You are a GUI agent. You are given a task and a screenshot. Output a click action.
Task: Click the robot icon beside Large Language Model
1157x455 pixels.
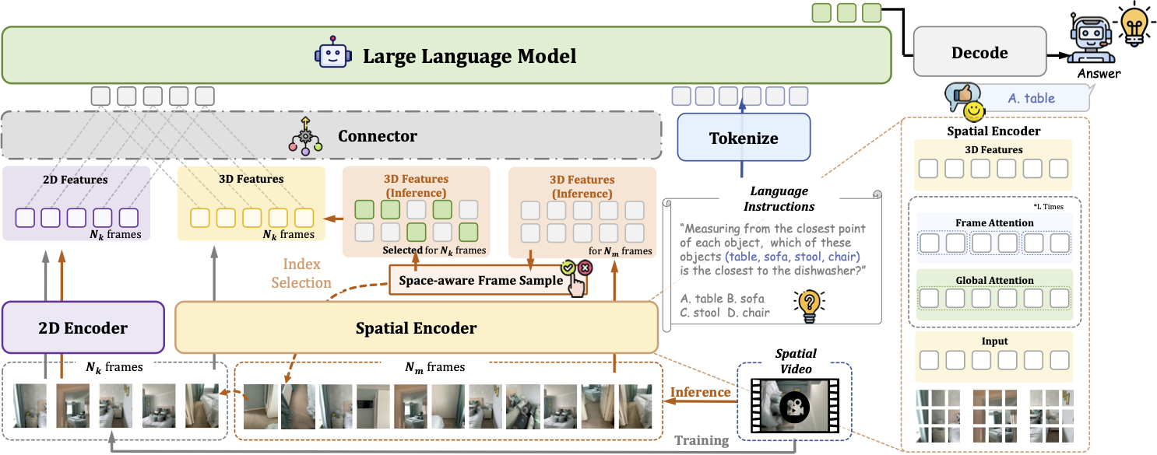[x=330, y=55]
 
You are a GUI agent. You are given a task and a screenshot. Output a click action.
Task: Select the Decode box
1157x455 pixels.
[x=979, y=54]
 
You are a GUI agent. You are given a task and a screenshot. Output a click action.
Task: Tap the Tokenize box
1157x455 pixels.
[x=744, y=138]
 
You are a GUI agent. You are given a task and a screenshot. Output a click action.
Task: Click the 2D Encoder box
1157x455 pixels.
[x=83, y=328]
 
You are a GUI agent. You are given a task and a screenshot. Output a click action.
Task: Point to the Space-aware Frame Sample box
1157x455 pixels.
[x=480, y=280]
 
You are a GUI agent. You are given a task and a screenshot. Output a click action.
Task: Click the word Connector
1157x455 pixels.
[x=378, y=136]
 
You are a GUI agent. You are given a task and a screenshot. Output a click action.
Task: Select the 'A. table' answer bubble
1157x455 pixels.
[x=1032, y=98]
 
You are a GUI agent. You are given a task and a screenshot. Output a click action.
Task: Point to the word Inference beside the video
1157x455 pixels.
[x=700, y=391]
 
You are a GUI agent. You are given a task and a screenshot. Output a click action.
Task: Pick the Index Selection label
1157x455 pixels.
[x=301, y=274]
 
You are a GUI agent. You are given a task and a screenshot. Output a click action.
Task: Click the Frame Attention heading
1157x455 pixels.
[x=994, y=223]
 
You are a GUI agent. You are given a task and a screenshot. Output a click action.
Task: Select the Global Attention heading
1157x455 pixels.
[x=994, y=280]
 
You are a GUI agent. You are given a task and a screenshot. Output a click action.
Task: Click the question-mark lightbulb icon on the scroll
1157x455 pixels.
[x=808, y=305]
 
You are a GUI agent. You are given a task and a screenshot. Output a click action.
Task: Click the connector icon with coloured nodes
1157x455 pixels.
[x=305, y=135]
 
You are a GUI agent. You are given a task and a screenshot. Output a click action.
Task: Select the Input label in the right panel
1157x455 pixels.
[x=994, y=341]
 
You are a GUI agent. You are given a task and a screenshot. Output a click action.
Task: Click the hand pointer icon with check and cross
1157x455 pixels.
[x=578, y=279]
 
